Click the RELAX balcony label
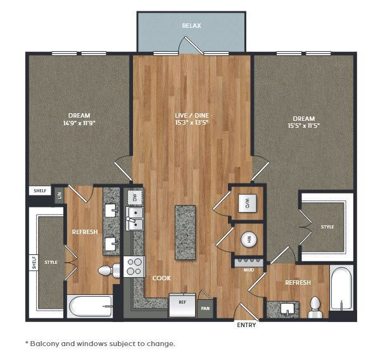[191, 26]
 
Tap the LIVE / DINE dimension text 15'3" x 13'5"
[192, 122]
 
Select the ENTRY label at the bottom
[246, 325]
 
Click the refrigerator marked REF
[182, 305]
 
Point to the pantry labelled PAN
[205, 309]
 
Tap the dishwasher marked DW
[135, 198]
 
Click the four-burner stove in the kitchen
[134, 267]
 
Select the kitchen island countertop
[185, 232]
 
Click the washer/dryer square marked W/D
[247, 203]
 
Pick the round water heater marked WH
[249, 239]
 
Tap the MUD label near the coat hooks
[249, 270]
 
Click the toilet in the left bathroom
[109, 270]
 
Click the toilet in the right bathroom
[315, 307]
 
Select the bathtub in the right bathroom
[341, 288]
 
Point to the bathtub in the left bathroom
[91, 306]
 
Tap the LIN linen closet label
[60, 196]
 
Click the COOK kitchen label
[161, 278]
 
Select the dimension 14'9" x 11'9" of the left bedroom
[79, 123]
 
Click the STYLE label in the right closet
[327, 227]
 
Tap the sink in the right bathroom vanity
[287, 309]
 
